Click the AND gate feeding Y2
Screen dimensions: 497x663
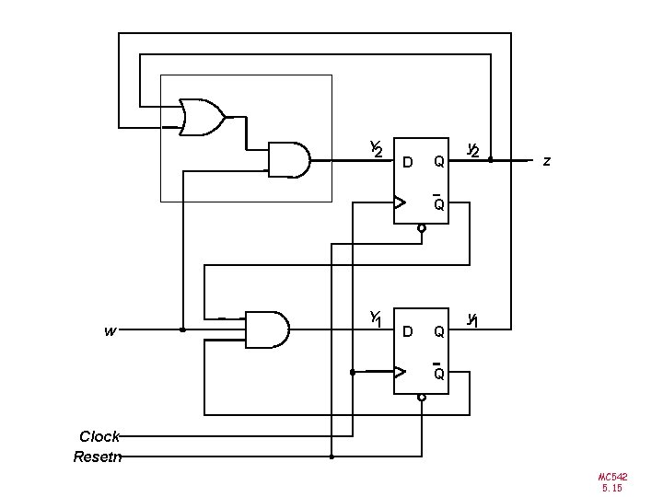288,159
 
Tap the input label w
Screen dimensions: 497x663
110,330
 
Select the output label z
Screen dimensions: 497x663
547,161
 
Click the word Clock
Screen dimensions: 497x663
99,436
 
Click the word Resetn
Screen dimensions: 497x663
97,455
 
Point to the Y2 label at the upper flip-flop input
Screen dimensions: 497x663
376,149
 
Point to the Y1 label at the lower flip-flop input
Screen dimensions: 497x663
376,318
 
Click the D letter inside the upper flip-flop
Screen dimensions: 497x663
407,163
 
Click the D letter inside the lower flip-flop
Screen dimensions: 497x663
407,330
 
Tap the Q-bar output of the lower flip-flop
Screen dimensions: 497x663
439,374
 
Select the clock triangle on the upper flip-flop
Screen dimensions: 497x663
400,202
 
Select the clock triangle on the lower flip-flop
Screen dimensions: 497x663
400,372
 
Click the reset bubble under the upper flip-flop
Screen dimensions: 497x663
421,227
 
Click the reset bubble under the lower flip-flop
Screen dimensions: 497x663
421,398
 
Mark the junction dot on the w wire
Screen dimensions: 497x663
182,329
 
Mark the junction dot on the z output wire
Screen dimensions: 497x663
491,159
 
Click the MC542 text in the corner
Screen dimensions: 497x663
612,477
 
